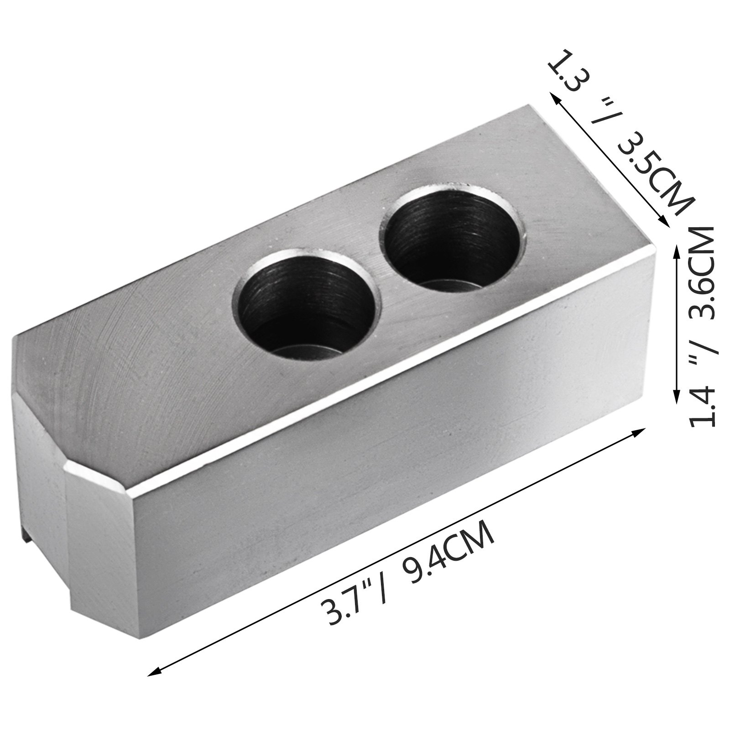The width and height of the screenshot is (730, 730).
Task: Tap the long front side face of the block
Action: [x=365, y=479]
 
